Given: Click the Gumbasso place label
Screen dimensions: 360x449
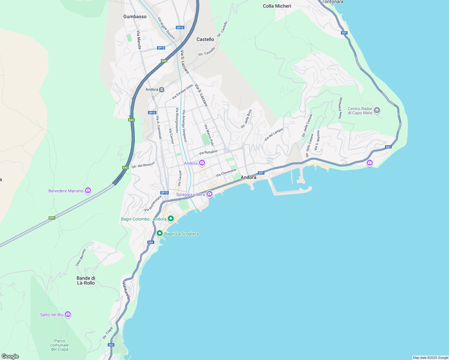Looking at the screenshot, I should [x=135, y=17].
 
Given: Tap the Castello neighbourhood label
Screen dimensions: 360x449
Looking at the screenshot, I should [x=205, y=40].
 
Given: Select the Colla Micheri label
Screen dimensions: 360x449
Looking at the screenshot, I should [x=277, y=6].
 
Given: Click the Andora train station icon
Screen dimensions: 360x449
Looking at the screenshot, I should [x=162, y=89].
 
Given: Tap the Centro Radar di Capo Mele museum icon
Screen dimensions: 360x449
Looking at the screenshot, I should [x=377, y=110].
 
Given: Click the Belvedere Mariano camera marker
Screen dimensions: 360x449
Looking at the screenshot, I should [x=88, y=190].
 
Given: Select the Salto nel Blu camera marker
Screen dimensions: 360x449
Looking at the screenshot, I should [x=68, y=314].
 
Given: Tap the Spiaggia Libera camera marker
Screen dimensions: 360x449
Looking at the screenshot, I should [x=209, y=194].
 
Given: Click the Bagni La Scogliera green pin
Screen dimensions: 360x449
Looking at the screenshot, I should [x=160, y=233].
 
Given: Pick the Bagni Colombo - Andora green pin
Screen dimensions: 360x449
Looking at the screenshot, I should [x=171, y=219].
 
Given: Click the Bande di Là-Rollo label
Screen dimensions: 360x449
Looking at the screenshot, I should [x=86, y=280].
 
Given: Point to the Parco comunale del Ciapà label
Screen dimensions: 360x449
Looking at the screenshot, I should [x=60, y=345].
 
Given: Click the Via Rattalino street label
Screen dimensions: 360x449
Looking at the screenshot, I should [x=208, y=152].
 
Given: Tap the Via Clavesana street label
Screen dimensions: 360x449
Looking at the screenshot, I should [x=226, y=173].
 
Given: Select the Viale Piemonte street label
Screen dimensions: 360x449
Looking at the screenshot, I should [x=340, y=108].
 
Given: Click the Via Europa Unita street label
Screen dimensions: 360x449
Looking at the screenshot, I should [x=182, y=92].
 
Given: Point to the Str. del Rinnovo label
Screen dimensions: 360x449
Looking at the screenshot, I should [x=143, y=165].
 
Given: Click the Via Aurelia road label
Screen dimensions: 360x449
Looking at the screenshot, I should [x=126, y=290].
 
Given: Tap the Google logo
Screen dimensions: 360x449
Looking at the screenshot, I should [x=10, y=356].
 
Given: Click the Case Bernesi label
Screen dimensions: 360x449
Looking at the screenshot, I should [x=81, y=257].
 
